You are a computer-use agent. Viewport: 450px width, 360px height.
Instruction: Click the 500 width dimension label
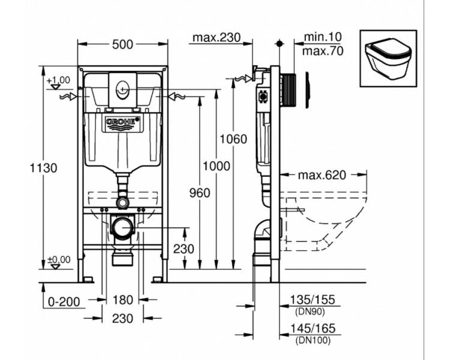pos(122,44)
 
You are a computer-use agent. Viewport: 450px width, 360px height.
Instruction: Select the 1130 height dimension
pos(44,168)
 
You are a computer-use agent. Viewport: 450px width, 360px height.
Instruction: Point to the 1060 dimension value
pos(233,139)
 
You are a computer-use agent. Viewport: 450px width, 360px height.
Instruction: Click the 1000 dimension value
pos(217,166)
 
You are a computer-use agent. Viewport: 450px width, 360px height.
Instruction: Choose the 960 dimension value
pos(200,193)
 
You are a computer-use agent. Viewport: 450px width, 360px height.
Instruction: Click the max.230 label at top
pos(217,37)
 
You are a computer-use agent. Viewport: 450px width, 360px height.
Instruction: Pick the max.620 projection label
pos(322,175)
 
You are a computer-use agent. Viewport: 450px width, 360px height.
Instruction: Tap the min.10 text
pos(323,37)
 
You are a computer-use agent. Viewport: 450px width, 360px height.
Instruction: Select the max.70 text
pos(323,51)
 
